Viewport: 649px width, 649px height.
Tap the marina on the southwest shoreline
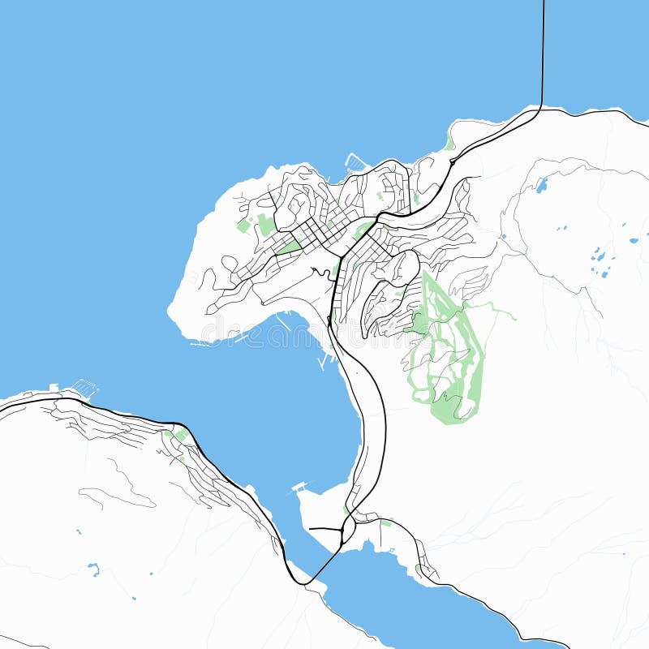tap(84, 388)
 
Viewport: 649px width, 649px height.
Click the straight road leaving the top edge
tap(543, 49)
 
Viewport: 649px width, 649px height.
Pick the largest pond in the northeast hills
tap(541, 186)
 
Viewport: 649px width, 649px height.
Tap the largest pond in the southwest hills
tap(94, 569)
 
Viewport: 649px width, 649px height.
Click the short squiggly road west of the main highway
tap(319, 271)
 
